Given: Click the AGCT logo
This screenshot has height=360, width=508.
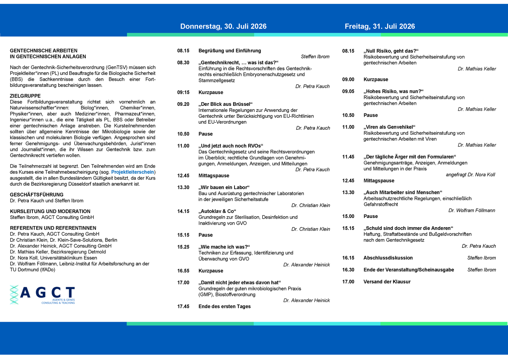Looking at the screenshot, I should click(x=43, y=295).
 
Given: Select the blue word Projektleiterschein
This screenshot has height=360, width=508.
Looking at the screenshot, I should click(x=133, y=172).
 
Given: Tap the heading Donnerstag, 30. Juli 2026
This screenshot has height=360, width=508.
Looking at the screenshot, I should click(x=223, y=26).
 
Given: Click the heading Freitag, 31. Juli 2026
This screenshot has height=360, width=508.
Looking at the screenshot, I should click(x=380, y=26).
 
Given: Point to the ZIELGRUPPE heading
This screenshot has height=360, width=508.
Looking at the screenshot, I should click(x=25, y=96).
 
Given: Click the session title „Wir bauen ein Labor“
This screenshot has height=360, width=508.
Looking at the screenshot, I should click(x=224, y=187).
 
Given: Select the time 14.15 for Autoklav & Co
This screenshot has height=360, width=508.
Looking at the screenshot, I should click(x=183, y=211).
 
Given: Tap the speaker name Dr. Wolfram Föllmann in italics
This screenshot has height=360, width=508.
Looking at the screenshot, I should click(x=472, y=210).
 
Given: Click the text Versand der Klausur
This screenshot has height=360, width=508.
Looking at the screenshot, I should click(x=387, y=282).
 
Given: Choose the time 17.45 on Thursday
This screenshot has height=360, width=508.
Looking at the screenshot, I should click(x=183, y=307).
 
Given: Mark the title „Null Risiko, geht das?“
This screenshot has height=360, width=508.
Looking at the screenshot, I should click(x=391, y=51).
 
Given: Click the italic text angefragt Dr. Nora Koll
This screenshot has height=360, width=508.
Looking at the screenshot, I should click(x=470, y=175).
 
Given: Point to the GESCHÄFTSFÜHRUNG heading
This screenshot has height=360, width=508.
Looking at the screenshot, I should click(x=37, y=195).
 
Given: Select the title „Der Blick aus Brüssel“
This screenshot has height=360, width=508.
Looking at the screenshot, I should click(x=225, y=104).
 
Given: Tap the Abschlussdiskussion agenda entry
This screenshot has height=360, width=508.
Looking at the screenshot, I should click(x=388, y=258).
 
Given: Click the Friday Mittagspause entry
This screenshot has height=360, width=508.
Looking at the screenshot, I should click(x=379, y=181).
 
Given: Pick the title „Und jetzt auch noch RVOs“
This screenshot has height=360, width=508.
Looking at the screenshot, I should click(x=231, y=146).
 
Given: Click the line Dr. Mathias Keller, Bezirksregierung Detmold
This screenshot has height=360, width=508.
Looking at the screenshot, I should click(x=58, y=252).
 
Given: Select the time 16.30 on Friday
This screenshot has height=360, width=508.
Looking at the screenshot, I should click(x=348, y=270).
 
